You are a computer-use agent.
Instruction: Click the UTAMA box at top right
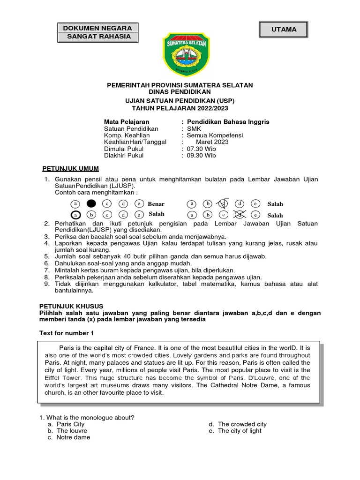[284, 30]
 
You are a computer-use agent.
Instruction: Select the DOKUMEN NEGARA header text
[97, 28]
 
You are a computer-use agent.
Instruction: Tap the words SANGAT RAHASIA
[97, 37]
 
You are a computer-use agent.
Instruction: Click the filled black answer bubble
[91, 203]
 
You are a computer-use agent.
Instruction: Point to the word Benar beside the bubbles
[156, 204]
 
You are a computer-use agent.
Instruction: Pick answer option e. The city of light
[239, 430]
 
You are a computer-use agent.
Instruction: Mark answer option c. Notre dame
[73, 437]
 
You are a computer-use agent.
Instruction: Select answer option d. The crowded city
[241, 424]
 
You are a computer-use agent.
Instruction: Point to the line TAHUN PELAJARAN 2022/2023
[180, 107]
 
